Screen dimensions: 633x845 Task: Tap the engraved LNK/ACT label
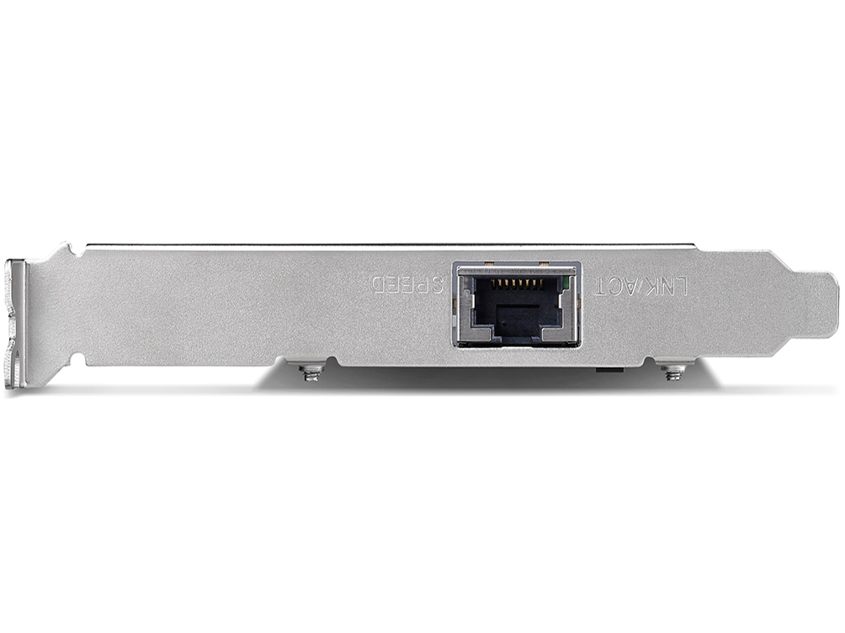click(x=642, y=285)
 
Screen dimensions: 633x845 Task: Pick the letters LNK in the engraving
click(x=670, y=285)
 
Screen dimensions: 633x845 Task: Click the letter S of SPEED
click(x=438, y=285)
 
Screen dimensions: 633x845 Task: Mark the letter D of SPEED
click(x=378, y=285)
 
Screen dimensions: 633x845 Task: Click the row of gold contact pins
click(x=516, y=285)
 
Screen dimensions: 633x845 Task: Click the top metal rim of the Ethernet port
click(x=516, y=266)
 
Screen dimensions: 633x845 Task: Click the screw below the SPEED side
click(x=312, y=372)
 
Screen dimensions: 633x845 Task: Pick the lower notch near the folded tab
click(x=74, y=361)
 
